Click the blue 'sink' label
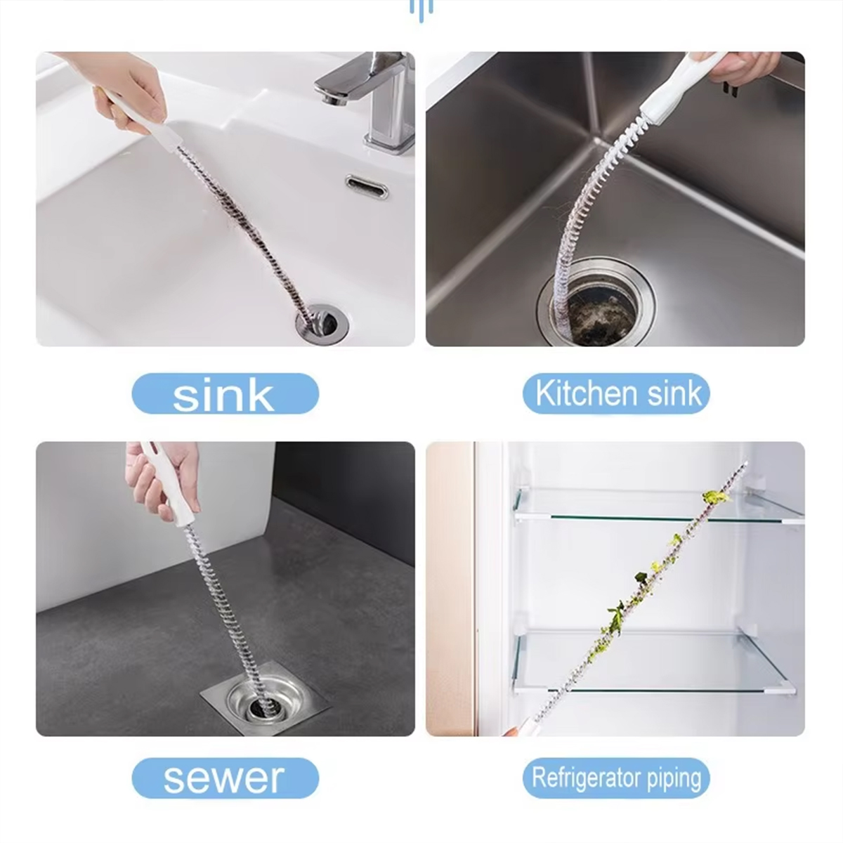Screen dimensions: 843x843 click(225, 393)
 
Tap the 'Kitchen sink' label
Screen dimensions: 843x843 click(616, 393)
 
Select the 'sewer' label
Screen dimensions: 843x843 click(225, 778)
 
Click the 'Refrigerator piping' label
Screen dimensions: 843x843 click(616, 778)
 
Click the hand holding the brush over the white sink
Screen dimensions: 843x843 click(126, 84)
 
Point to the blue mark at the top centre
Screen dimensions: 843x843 click(421, 10)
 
